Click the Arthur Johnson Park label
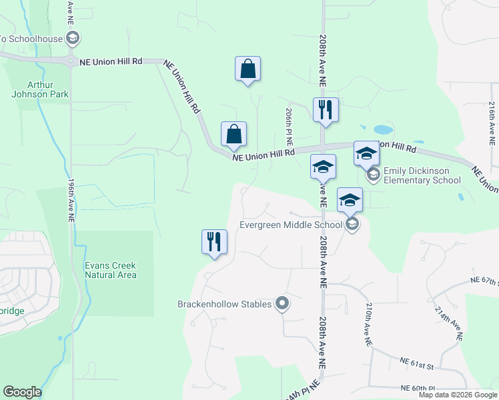[x=40, y=89]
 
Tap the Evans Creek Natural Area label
[x=111, y=270]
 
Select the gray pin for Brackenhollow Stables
[x=282, y=304]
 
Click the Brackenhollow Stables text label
[x=224, y=305]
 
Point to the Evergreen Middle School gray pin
[x=352, y=225]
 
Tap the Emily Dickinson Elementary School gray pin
[x=374, y=175]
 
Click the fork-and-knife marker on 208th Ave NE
[x=326, y=110]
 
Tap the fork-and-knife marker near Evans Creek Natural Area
[x=214, y=242]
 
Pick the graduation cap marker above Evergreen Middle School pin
[x=350, y=200]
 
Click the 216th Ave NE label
[x=492, y=124]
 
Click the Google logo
[x=22, y=392]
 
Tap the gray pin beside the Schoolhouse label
[x=73, y=38]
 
